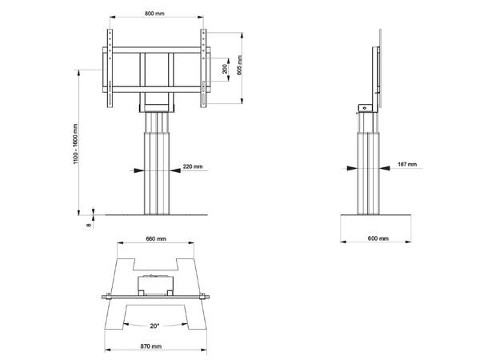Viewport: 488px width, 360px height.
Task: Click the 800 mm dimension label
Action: point(157,14)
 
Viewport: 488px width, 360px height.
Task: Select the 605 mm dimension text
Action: point(239,67)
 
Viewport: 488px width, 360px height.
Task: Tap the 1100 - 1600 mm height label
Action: point(75,144)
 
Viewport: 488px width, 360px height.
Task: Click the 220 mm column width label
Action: point(193,167)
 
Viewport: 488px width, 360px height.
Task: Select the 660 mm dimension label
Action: point(156,239)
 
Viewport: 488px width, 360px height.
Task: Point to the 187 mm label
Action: point(406,165)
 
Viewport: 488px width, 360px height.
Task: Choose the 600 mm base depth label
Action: point(378,239)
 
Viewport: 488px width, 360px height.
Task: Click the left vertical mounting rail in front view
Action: point(110,67)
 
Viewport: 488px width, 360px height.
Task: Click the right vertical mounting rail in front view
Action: point(204,67)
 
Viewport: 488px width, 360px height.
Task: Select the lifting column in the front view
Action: point(157,168)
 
